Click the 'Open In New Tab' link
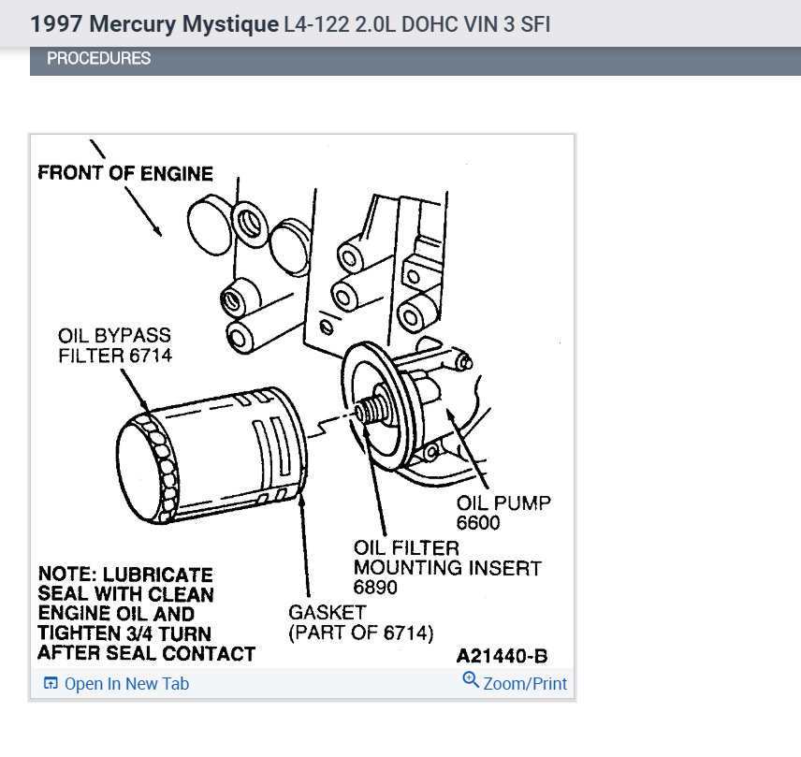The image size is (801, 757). [126, 684]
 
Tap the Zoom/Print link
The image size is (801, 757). [524, 684]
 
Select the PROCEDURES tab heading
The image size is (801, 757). [98, 59]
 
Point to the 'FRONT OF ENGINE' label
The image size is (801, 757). [125, 173]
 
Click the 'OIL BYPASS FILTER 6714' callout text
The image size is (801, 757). [115, 345]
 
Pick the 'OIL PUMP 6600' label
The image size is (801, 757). [503, 513]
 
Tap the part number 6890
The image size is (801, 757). [375, 588]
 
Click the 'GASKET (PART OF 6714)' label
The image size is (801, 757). [360, 622]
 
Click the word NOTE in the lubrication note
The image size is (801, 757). [66, 575]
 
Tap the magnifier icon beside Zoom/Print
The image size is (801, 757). [471, 682]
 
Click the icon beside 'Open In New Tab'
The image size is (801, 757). [51, 684]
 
